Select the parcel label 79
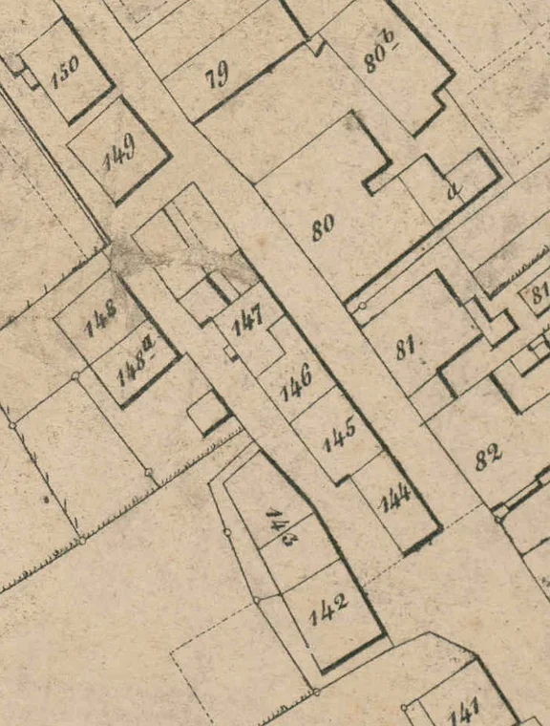[219, 75]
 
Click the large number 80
[323, 226]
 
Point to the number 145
[339, 435]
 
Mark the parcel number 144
[394, 498]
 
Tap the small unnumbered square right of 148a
[206, 414]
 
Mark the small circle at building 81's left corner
[362, 306]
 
